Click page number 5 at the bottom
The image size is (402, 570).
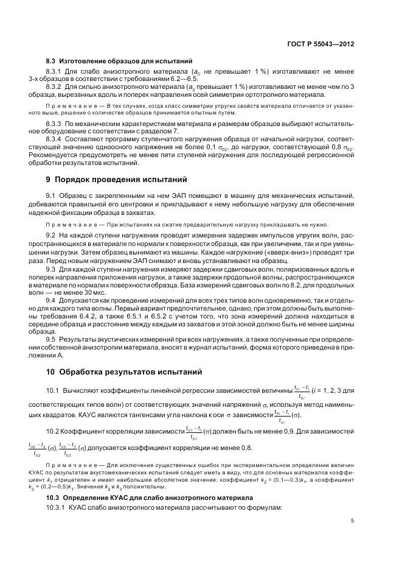coord(353,521)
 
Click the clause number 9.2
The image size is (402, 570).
coord(51,234)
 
